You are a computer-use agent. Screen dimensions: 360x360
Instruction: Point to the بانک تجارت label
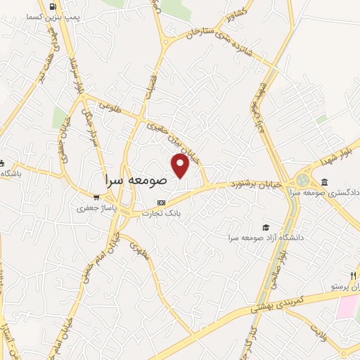[162, 212]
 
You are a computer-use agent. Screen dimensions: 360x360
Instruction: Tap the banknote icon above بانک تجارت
[162, 202]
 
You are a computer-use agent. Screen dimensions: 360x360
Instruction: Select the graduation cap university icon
[266, 227]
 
